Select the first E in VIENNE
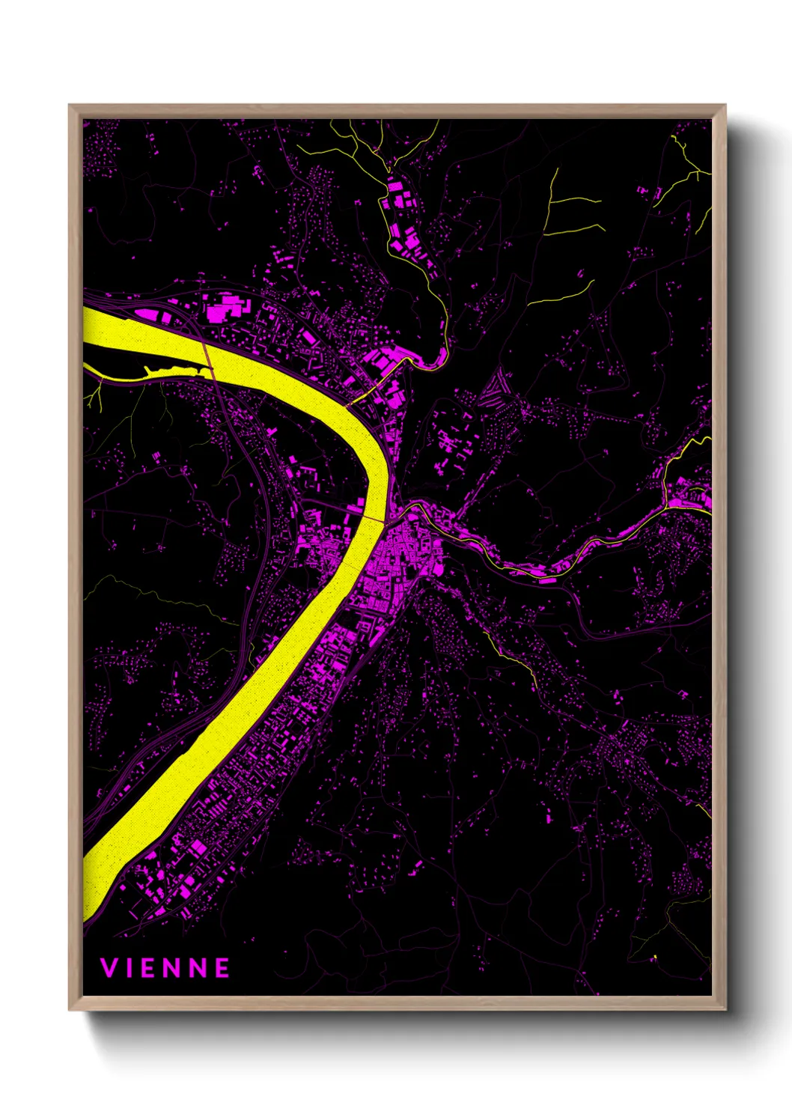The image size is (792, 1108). click(152, 968)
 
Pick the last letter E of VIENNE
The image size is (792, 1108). click(222, 968)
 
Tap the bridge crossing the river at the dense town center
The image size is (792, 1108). click(377, 516)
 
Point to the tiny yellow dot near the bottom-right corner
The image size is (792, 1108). click(654, 957)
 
